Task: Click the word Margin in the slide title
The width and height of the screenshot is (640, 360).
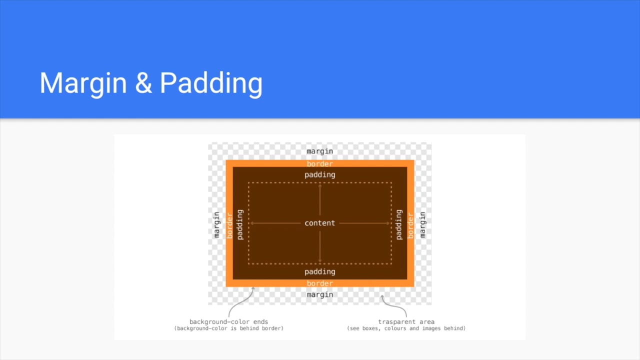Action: tap(83, 83)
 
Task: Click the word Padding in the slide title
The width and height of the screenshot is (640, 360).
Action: tap(211, 83)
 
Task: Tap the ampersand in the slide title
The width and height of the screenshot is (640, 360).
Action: tap(143, 83)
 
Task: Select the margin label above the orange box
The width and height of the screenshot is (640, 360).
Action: tap(319, 151)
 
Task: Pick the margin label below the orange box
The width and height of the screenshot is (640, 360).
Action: tap(319, 294)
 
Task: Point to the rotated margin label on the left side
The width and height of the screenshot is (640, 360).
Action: tap(216, 224)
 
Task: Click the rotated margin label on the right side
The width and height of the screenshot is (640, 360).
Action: tap(422, 224)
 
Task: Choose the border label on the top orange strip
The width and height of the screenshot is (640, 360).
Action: tap(319, 163)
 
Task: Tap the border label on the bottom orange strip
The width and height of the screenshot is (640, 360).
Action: tap(319, 283)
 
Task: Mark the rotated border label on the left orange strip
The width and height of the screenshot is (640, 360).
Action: tap(229, 225)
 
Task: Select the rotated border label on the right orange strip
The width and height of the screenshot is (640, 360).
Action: tap(410, 225)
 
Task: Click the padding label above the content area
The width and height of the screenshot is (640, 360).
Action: tap(319, 174)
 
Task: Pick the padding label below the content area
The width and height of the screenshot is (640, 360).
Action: tap(319, 271)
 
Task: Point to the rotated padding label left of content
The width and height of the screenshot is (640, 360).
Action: tap(239, 224)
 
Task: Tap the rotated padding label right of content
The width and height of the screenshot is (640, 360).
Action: tap(399, 224)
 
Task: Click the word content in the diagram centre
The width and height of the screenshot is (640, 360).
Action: tap(319, 223)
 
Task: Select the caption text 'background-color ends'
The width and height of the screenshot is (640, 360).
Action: tap(228, 322)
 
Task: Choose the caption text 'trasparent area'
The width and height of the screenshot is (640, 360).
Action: tap(406, 322)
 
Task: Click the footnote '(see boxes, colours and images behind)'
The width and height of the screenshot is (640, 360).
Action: tap(406, 328)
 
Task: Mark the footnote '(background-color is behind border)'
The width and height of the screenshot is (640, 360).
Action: tap(228, 328)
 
